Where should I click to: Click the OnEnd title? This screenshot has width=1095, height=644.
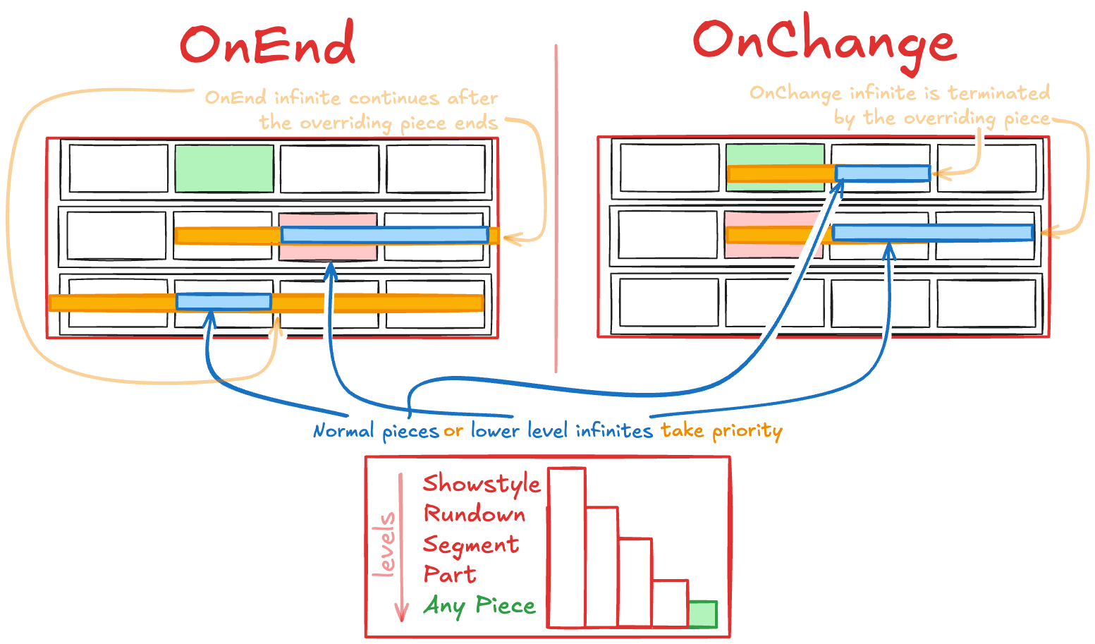tap(267, 44)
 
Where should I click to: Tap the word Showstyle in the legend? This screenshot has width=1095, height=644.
tap(482, 485)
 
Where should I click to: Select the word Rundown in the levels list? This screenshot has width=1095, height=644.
tap(475, 514)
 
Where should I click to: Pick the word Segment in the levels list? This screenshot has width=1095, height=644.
tap(471, 545)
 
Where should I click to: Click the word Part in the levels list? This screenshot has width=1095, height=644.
tap(450, 575)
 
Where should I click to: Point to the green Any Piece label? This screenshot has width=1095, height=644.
tap(479, 606)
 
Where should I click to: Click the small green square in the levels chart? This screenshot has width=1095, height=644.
tap(703, 614)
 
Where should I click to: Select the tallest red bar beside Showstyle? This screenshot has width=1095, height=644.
tap(567, 547)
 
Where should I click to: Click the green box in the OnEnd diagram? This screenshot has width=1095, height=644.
tap(224, 169)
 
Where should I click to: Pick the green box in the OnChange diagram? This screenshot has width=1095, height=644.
tap(775, 154)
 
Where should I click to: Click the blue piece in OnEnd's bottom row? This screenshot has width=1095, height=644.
tap(224, 302)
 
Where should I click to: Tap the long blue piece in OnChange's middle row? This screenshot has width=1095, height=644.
tap(932, 232)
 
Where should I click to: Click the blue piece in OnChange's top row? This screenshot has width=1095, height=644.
tap(882, 174)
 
